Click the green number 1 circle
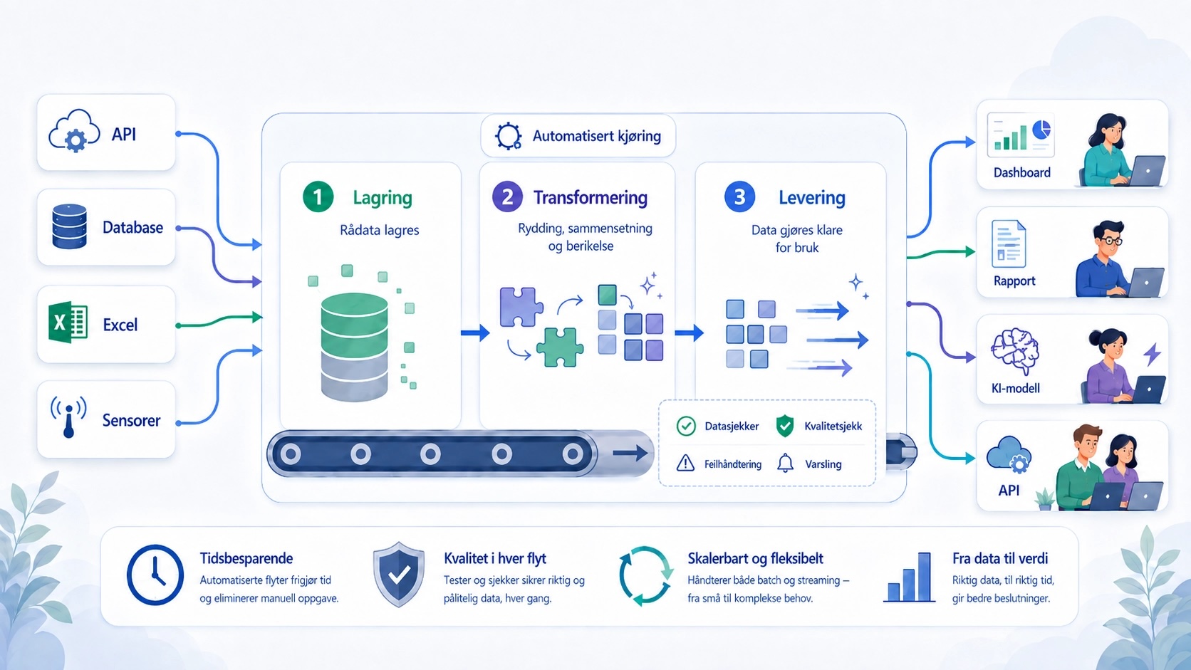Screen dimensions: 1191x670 point(318,197)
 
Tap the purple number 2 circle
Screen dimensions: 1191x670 point(507,197)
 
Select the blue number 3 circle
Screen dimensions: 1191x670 point(739,197)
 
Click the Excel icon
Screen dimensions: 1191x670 point(68,322)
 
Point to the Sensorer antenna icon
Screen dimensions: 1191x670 point(68,417)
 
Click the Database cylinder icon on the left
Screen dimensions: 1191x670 point(70,226)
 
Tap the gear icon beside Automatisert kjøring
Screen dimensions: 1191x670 point(509,136)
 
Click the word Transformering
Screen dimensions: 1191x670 point(591,198)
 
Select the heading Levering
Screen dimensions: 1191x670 point(812,198)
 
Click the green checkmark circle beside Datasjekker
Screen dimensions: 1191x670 point(686,426)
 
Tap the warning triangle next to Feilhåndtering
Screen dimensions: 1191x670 point(685,464)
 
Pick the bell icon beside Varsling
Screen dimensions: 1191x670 point(785,464)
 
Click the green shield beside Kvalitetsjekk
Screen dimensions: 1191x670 point(785,426)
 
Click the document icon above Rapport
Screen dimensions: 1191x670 point(1009,244)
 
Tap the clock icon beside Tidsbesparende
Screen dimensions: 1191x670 point(155,575)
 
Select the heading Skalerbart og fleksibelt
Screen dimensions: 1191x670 point(755,558)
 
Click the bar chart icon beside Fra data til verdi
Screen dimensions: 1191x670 point(909,577)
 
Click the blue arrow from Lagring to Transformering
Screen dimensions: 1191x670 point(475,333)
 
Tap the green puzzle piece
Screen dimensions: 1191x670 point(560,347)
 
